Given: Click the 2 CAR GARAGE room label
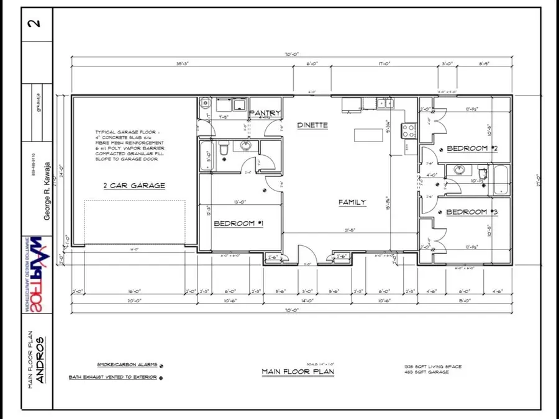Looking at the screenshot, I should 134,185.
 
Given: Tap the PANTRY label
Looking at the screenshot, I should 265,113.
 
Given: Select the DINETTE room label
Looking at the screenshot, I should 312,125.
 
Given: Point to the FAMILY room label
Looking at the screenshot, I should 352,202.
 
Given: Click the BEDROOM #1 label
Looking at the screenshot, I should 239,223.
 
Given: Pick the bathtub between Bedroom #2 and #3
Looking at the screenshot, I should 500,179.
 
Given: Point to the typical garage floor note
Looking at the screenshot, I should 127,146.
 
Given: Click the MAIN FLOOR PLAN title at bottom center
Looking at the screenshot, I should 298,372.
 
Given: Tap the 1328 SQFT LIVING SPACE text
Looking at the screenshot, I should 432,367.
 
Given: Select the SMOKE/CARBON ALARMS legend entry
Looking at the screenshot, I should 127,365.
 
